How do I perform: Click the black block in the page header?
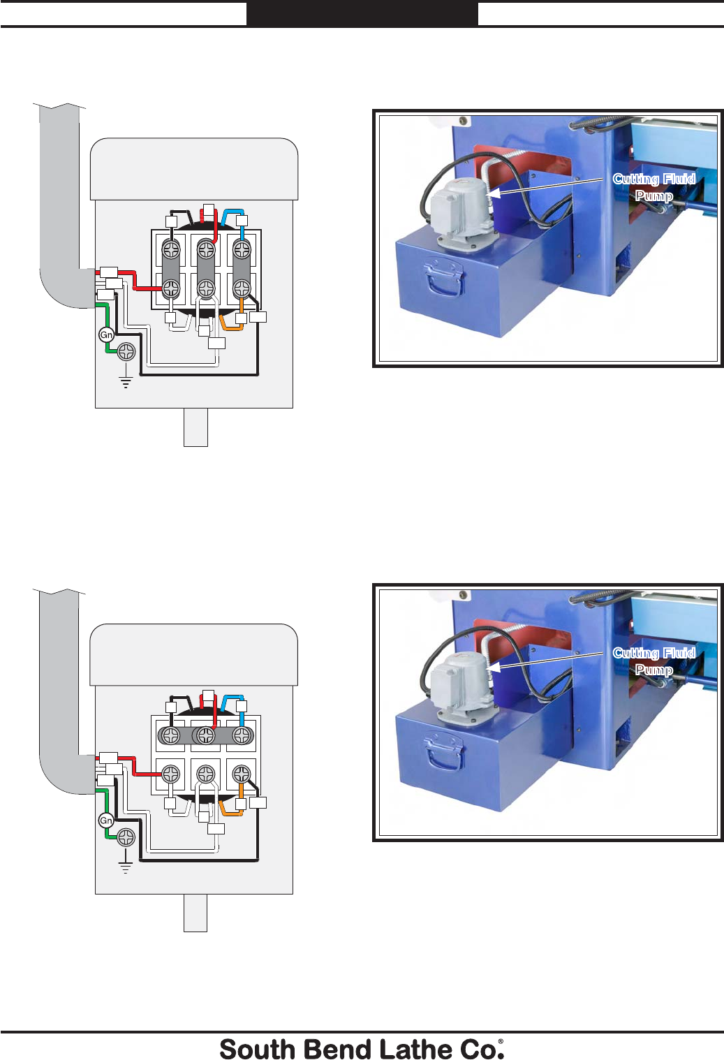pos(362,14)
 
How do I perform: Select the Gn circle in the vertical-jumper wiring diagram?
pos(106,335)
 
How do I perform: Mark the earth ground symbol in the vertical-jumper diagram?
pos(126,381)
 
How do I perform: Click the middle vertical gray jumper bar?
pos(206,269)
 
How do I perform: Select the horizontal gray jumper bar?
pos(206,735)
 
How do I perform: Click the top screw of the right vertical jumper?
pos(242,249)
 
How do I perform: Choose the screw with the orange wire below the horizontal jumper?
pos(242,774)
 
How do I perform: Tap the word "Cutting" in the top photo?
pos(636,179)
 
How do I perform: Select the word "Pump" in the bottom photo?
pos(653,670)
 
